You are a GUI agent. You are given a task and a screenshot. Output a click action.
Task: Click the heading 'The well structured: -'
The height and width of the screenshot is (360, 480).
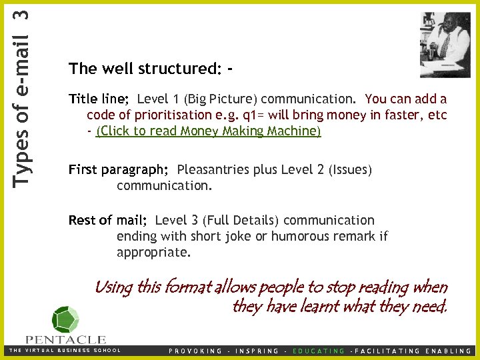click(151, 69)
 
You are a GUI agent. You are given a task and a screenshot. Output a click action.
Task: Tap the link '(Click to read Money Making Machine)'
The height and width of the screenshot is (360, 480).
click(209, 131)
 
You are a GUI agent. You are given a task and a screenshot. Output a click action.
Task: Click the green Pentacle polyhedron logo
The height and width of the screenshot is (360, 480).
click(65, 319)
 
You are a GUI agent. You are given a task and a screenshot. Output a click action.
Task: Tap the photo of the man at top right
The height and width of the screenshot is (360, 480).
click(445, 44)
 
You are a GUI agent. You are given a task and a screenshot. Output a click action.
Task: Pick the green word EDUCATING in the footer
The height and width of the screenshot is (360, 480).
click(319, 351)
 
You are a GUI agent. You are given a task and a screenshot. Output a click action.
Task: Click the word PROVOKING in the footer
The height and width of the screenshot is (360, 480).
click(196, 351)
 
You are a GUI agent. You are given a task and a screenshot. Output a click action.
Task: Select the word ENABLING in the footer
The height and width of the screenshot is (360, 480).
click(451, 351)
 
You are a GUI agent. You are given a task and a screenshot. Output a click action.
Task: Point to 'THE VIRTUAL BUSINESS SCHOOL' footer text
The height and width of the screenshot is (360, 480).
click(65, 350)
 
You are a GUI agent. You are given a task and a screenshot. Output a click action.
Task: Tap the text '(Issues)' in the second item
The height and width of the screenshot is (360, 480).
click(349, 170)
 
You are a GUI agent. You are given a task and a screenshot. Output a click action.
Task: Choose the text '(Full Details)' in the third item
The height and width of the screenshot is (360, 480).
click(241, 220)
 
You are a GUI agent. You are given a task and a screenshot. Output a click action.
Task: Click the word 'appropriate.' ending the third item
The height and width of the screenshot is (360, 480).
click(153, 253)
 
